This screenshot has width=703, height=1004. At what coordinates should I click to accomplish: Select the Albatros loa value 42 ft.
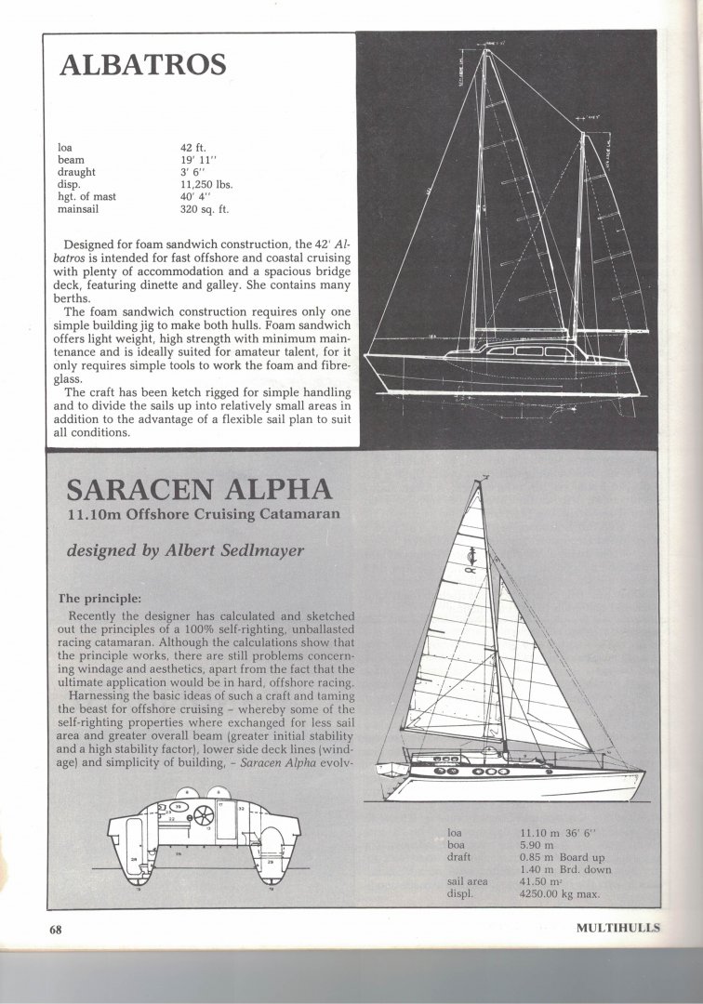pos(196,147)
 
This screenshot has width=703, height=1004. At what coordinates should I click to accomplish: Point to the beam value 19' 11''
pos(200,160)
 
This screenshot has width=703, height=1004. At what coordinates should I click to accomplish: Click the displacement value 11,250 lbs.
pos(206,184)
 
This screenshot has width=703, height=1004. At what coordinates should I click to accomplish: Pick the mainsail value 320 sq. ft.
pos(203,209)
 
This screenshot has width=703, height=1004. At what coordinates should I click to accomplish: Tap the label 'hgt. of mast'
pos(90,197)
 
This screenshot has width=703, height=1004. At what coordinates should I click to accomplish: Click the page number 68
pos(57,928)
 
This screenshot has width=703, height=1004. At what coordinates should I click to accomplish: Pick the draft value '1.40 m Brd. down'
pos(565,867)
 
